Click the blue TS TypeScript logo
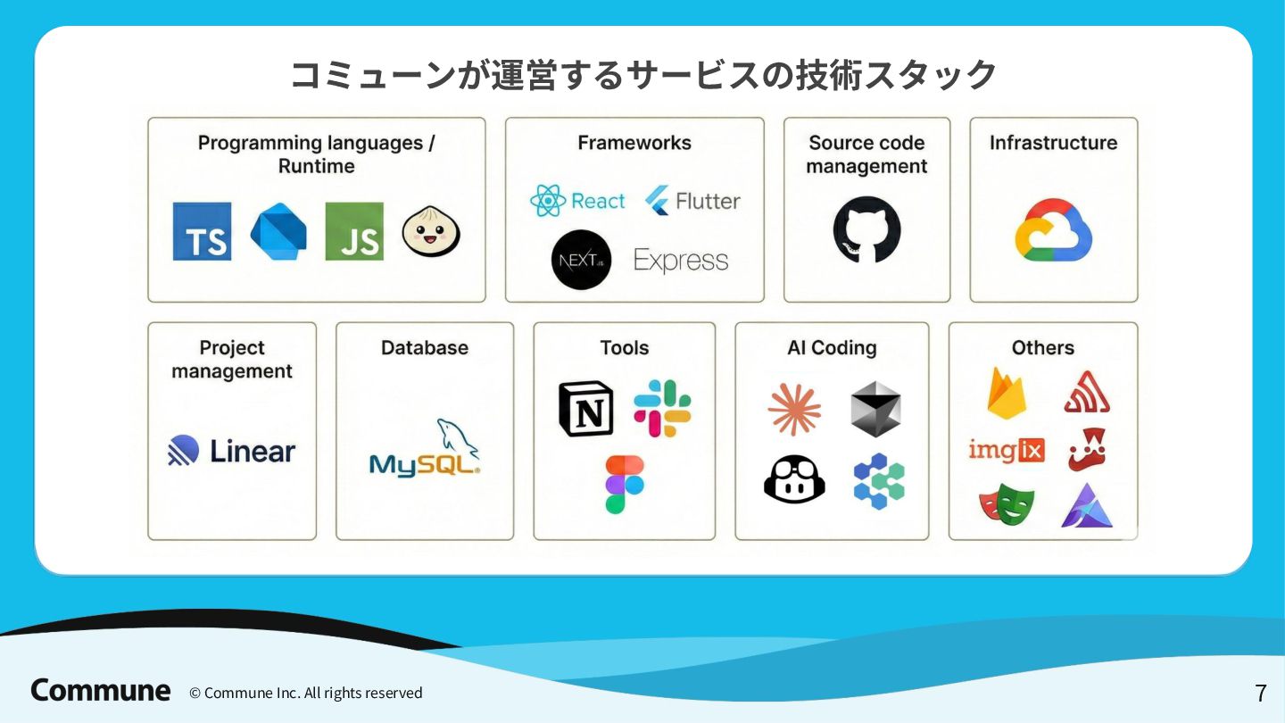(202, 231)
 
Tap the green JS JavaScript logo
(354, 231)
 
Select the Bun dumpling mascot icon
(431, 231)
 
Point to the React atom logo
(547, 201)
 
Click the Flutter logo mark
(658, 201)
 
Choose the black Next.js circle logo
(581, 260)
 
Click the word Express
(681, 261)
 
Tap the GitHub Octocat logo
(866, 229)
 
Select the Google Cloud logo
(1053, 229)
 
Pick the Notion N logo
(585, 409)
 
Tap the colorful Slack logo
(662, 408)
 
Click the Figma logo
(624, 485)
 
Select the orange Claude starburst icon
(794, 410)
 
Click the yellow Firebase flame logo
(1007, 394)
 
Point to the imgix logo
(1007, 451)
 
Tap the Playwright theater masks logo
(1007, 505)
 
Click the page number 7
(1260, 693)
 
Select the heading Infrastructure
(1053, 143)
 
